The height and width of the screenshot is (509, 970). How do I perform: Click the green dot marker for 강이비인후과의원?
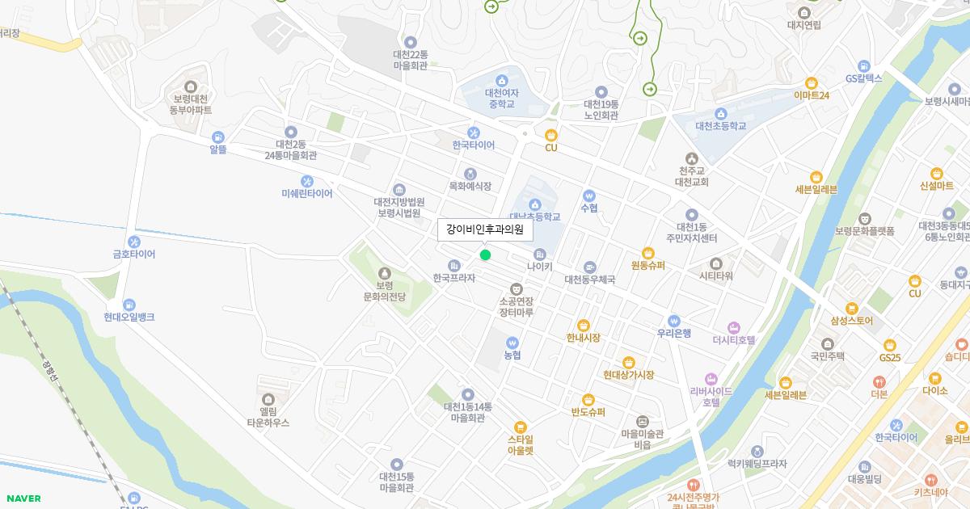[x=485, y=255]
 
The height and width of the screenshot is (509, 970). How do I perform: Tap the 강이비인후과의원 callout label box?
[x=485, y=230]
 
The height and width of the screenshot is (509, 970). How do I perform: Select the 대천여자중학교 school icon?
[x=502, y=81]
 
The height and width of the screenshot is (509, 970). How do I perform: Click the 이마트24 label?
[x=812, y=95]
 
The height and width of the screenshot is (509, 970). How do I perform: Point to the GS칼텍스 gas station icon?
[x=864, y=65]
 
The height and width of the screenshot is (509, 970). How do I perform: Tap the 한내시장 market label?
[x=583, y=339]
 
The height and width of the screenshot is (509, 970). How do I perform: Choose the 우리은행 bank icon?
[x=673, y=320]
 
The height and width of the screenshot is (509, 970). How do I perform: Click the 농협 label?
[x=512, y=355]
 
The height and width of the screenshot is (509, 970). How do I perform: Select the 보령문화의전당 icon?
[x=384, y=273]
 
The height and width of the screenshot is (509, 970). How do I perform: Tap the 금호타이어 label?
[x=134, y=254]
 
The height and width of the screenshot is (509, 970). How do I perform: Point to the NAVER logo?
[x=23, y=498]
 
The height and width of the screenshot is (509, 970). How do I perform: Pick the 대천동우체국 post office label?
[x=589, y=280]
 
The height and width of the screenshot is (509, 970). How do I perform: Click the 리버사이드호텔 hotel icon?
[x=711, y=379]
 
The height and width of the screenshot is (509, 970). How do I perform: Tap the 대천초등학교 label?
[x=720, y=126]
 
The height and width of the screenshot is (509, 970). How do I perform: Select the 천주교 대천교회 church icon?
[x=691, y=158]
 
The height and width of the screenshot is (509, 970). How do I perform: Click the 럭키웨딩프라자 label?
[x=757, y=465]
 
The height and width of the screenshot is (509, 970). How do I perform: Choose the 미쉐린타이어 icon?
[x=307, y=181]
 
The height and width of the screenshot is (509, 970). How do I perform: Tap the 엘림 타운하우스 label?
[x=268, y=417]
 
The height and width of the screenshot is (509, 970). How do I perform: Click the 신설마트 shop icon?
[x=936, y=173]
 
